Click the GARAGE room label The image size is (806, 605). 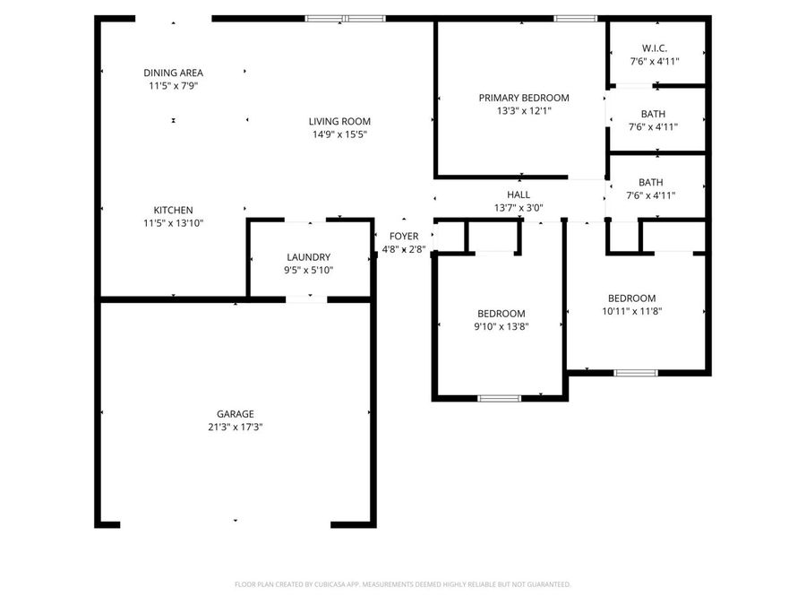click(235, 414)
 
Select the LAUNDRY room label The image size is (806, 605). click(308, 257)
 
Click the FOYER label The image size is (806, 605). click(403, 237)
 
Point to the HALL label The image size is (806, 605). click(518, 194)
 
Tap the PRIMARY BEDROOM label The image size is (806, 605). click(523, 98)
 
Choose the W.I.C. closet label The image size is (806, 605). click(655, 48)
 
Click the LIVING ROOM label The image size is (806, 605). click(339, 122)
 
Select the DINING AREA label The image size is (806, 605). click(173, 73)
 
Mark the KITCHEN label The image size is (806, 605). click(173, 211)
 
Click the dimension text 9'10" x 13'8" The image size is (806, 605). click(502, 327)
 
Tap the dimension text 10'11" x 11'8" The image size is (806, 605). click(631, 312)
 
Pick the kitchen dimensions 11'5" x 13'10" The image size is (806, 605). click(173, 223)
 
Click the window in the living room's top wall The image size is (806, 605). click(346, 18)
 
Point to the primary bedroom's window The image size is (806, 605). click(575, 18)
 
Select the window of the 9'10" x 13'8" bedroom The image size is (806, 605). click(499, 397)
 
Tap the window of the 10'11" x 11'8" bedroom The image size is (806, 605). click(635, 372)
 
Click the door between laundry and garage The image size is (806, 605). click(299, 298)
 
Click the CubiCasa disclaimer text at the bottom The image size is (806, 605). click(402, 584)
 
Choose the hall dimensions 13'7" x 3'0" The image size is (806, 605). click(518, 208)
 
